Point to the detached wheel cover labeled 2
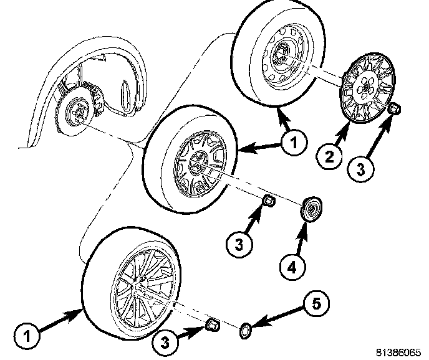[x=364, y=92]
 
